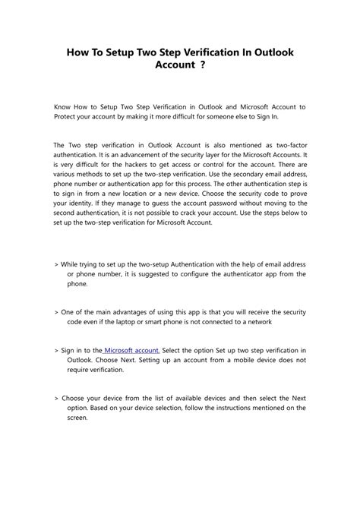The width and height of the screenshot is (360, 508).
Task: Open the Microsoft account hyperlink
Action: [x=131, y=351]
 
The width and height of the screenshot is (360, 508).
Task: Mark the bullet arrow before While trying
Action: [x=57, y=263]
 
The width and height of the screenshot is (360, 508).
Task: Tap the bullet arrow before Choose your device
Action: [x=57, y=397]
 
